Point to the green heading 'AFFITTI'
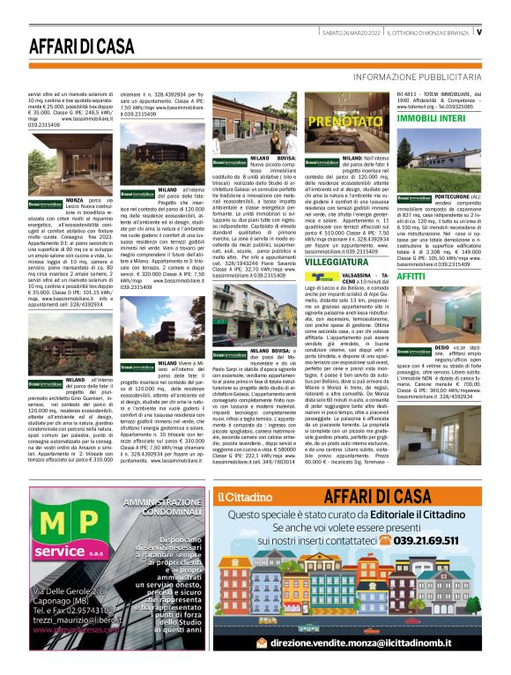(x=411, y=276)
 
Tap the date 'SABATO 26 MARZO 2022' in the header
(x=351, y=33)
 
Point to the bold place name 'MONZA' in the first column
(x=76, y=201)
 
